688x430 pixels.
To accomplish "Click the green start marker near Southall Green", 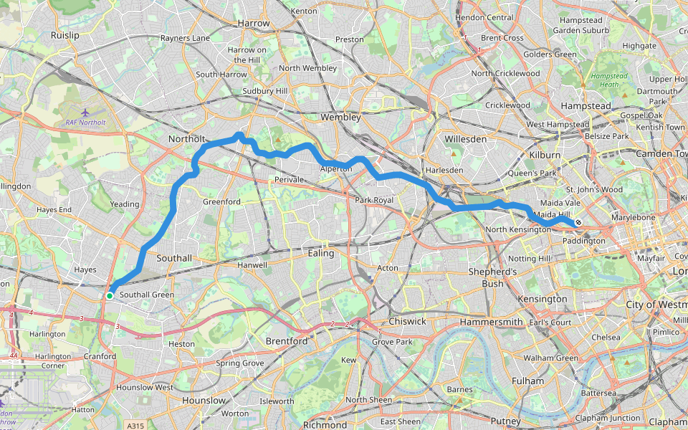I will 110,295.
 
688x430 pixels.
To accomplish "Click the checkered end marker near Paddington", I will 578,223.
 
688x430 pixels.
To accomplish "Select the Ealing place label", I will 320,253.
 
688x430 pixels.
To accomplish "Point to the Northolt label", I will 186,138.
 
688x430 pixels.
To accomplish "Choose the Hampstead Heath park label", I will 604,80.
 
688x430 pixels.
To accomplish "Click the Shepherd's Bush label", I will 492,277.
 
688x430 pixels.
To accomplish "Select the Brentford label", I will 287,341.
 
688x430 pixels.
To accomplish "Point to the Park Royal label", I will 374,200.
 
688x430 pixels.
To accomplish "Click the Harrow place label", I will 254,23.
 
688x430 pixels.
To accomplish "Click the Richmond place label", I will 325,424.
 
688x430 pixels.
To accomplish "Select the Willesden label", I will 465,138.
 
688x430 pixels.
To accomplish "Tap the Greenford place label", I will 221,202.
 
